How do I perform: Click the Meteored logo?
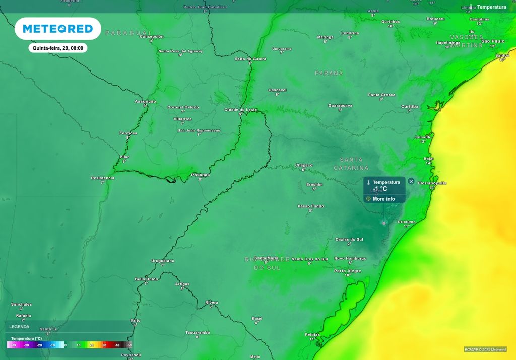57,29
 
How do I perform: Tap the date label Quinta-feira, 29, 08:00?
57,48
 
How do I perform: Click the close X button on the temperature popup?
411,181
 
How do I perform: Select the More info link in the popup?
383,199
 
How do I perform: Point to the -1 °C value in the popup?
380,189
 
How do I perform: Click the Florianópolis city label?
432,183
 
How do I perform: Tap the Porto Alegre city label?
348,271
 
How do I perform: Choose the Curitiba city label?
410,106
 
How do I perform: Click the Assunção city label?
145,101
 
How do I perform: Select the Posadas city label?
201,175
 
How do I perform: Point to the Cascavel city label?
277,90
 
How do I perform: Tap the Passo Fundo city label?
311,206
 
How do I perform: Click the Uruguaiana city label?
162,261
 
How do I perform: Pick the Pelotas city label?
312,334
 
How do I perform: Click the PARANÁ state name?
329,73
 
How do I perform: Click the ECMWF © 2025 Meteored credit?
485,349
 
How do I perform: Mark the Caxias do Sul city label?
349,239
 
